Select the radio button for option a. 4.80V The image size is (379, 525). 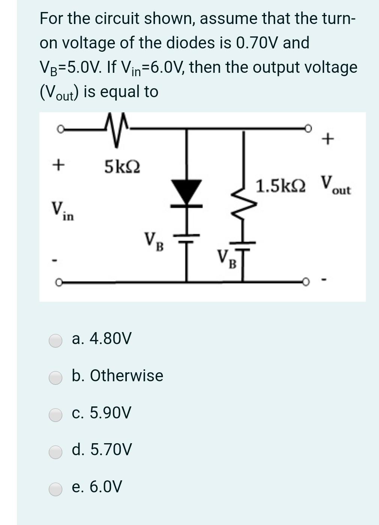[56, 340]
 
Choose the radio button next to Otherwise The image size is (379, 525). [56, 377]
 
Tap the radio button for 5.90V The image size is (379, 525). [56, 414]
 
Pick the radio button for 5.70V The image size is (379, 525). [56, 451]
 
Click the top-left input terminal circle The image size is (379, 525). [60, 129]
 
